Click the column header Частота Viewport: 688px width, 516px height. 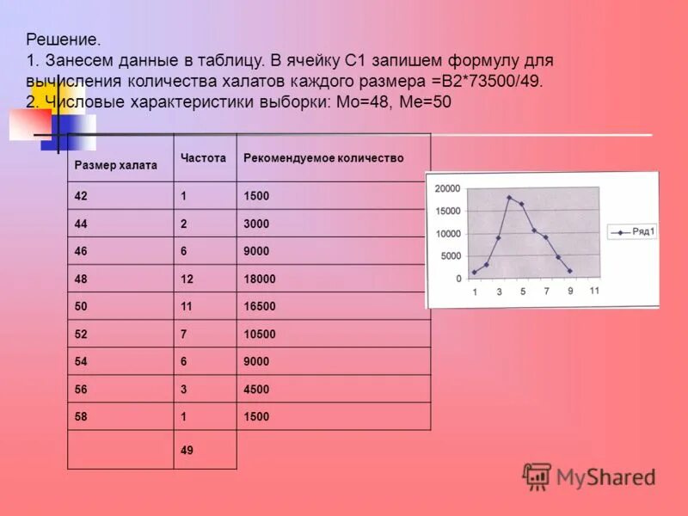click(x=203, y=159)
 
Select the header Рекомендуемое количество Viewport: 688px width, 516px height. click(x=323, y=159)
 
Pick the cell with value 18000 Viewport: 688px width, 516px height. click(x=261, y=279)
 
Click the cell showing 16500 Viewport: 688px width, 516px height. click(x=261, y=307)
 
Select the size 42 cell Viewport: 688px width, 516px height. click(x=81, y=196)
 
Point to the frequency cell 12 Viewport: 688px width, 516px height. click(x=187, y=279)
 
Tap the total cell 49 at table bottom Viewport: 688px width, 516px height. click(x=187, y=450)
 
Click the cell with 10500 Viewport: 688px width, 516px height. click(x=261, y=335)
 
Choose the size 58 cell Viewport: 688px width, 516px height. click(x=81, y=417)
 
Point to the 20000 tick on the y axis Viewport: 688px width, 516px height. click(x=447, y=189)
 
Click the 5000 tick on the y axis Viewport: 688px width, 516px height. click(x=451, y=256)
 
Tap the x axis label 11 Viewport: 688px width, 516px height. click(x=594, y=291)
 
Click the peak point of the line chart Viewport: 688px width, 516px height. click(x=509, y=198)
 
